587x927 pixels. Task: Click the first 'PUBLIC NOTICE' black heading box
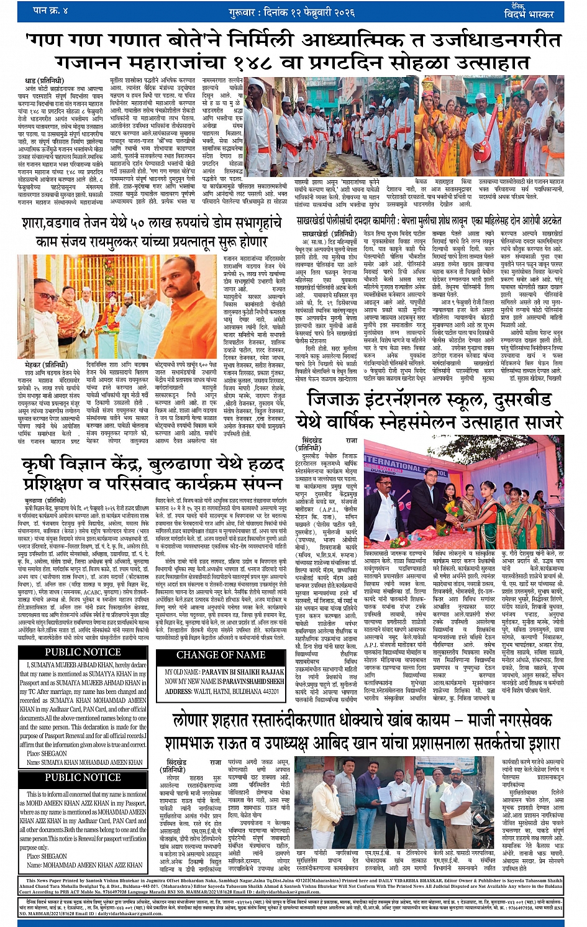[x=83, y=652]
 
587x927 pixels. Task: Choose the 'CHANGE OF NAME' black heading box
[x=221, y=655]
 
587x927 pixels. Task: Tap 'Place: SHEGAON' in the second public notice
[x=47, y=856]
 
